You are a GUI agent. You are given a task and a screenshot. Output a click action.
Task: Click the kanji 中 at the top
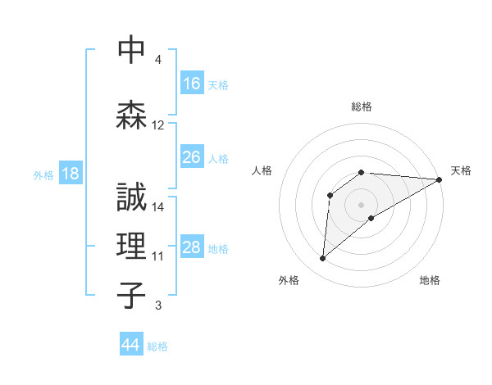click(x=132, y=50)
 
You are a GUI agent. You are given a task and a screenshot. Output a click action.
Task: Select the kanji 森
click(x=132, y=115)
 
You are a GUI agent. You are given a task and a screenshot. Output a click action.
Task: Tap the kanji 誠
click(x=132, y=198)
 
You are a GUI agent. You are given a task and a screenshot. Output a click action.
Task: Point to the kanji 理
click(x=132, y=247)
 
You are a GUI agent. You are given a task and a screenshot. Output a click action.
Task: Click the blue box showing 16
click(x=192, y=84)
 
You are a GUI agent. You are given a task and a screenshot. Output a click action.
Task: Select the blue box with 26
click(x=192, y=157)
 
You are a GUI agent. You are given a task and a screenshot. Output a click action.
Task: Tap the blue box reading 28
click(x=192, y=247)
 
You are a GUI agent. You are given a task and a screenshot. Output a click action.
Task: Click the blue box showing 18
click(x=70, y=174)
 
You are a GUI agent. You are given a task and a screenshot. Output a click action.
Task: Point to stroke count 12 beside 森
click(x=158, y=125)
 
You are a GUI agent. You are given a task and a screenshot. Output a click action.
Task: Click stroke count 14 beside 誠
click(x=158, y=207)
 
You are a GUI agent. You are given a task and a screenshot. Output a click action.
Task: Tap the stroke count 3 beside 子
click(x=158, y=306)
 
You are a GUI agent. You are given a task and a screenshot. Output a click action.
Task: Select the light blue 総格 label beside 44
click(x=157, y=346)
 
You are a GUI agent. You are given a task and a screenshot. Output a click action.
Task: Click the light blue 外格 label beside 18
click(x=43, y=174)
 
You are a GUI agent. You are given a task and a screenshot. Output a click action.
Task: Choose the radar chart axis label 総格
click(x=362, y=106)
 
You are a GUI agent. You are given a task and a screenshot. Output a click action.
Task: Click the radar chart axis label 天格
click(x=461, y=170)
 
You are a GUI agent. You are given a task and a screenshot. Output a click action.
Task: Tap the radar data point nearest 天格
click(x=440, y=179)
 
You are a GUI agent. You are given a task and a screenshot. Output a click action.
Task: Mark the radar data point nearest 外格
click(x=323, y=259)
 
